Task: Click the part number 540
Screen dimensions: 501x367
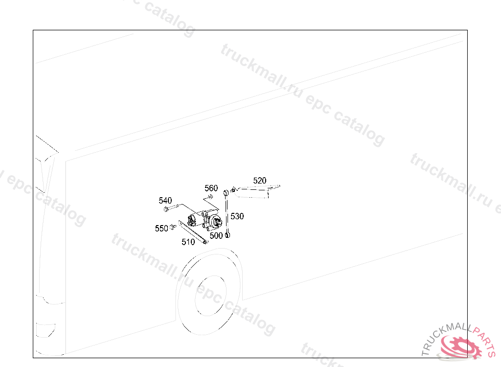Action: [165, 201]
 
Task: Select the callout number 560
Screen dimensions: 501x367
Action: [211, 188]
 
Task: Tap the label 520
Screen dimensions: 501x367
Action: [260, 181]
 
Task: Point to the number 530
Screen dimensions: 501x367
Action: [237, 216]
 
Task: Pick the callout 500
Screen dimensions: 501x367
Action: [216, 235]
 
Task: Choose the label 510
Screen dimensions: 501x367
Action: [188, 242]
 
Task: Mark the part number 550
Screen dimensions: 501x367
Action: [161, 229]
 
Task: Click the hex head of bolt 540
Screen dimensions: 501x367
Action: [166, 209]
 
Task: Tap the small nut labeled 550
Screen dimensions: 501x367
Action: [173, 227]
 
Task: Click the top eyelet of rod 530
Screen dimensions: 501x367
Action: [226, 192]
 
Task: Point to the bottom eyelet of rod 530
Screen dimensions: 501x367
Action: [228, 236]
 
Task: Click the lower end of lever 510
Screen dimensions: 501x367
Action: [205, 241]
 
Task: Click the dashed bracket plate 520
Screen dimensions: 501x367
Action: [254, 191]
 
